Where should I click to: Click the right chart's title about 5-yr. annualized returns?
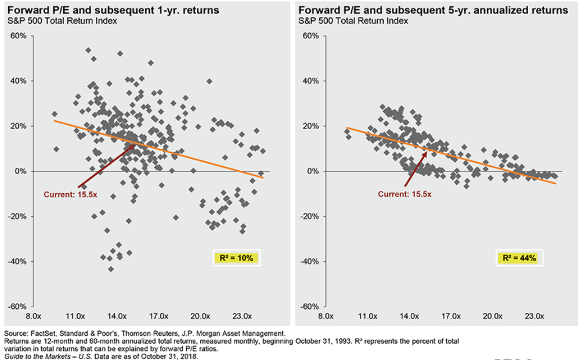click(x=432, y=10)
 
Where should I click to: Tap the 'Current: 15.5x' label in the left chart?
click(x=71, y=195)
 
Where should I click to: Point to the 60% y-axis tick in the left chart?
click(x=18, y=36)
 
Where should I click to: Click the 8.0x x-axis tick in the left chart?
click(x=33, y=316)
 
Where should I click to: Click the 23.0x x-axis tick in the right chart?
click(x=534, y=316)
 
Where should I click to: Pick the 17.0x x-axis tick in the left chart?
click(x=158, y=316)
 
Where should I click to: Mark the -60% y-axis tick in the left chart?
click(x=17, y=307)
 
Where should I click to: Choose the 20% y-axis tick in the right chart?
click(x=311, y=126)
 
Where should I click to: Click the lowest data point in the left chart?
click(x=111, y=269)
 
